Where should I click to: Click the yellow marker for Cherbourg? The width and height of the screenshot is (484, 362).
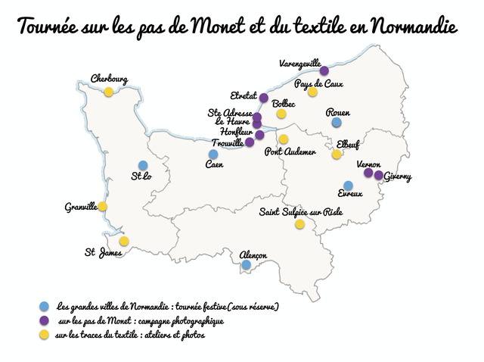(x=109, y=92)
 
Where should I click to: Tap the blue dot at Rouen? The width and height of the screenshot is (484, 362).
(x=337, y=122)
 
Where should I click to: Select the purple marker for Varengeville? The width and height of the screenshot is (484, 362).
(x=324, y=71)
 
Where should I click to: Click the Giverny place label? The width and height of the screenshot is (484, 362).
(x=398, y=177)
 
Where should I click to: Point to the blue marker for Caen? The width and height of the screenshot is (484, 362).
(x=213, y=154)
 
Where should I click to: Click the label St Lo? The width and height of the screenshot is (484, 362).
(x=141, y=178)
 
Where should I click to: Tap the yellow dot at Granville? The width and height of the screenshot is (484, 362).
(x=103, y=206)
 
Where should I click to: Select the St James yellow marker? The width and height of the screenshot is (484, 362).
(x=124, y=241)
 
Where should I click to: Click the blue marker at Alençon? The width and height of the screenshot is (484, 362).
(x=246, y=265)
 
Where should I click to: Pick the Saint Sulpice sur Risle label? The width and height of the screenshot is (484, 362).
(x=301, y=212)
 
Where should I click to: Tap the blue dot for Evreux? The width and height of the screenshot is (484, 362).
(x=348, y=186)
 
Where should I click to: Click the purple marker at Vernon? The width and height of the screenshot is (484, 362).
(x=368, y=173)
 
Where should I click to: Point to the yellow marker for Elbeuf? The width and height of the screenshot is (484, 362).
(x=337, y=154)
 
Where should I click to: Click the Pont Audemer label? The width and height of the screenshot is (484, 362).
(x=290, y=151)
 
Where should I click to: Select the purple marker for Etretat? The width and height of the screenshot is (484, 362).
(x=264, y=98)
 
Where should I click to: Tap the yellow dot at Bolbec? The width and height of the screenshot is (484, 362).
(x=281, y=114)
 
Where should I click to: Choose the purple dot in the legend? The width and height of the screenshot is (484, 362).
(x=45, y=321)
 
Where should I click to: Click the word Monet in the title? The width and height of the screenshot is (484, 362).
(x=214, y=28)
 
